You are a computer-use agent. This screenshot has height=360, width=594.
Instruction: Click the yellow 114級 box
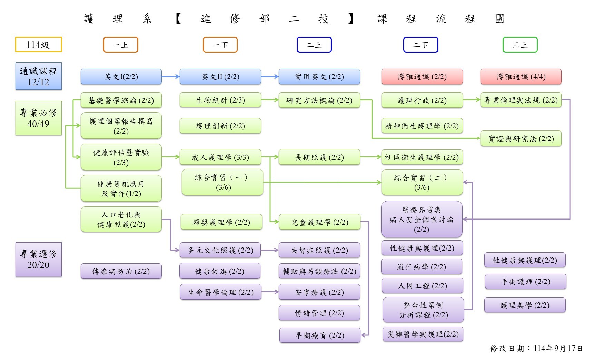coord(38,45)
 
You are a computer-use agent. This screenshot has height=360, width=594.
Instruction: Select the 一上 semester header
coord(120,45)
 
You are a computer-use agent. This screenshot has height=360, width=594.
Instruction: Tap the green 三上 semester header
coord(520,45)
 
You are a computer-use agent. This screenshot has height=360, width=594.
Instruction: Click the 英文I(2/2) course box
coord(121,77)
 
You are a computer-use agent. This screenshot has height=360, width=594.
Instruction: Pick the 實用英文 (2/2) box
coord(319,77)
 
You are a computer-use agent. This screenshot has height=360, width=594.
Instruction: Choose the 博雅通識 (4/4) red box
coord(521,77)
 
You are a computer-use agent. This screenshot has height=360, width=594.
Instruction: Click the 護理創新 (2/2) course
coord(220,126)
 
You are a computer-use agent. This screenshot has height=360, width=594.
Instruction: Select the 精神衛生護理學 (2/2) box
coord(422,126)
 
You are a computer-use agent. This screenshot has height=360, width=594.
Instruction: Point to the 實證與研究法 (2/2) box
coord(521,139)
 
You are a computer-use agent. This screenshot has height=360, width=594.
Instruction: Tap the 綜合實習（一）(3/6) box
coord(222,182)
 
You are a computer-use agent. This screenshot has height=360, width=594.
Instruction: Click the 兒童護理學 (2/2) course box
coord(319,222)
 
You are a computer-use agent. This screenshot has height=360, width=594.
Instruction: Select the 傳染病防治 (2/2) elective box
coord(121,271)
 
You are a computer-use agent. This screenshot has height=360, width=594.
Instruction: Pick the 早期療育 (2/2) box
coord(320,335)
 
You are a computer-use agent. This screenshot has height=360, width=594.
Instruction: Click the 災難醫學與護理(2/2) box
coord(423,334)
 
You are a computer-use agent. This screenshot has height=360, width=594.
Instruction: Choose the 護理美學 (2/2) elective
coord(525,305)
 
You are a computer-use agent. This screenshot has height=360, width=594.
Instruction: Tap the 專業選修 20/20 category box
coord(38,260)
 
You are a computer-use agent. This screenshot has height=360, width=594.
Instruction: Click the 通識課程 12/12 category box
coord(38,76)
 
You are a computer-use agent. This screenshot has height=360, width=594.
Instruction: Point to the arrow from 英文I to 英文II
coord(170,77)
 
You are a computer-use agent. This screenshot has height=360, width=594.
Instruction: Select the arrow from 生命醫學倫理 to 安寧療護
coord(270,292)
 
